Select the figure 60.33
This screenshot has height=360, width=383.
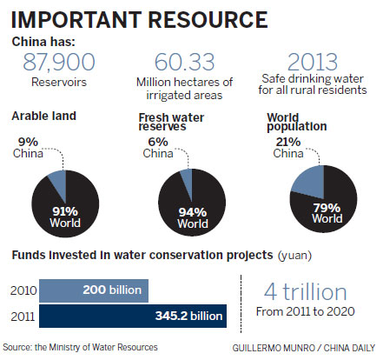[180, 62]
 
